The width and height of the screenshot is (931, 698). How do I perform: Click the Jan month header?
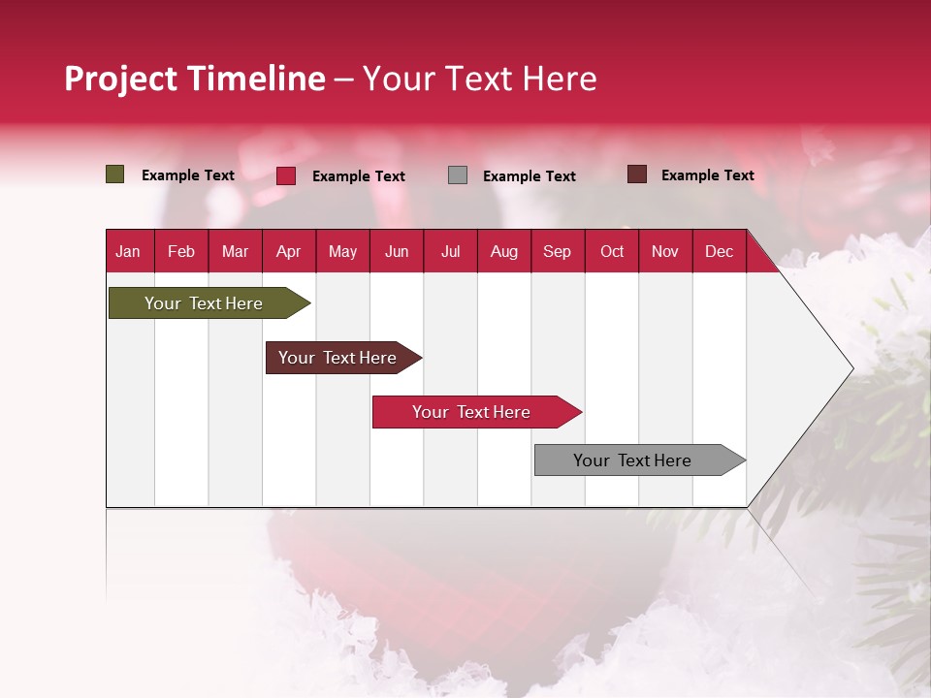pos(128,252)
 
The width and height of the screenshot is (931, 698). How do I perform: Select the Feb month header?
pos(181,252)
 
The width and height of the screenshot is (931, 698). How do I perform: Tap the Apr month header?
pos(289,252)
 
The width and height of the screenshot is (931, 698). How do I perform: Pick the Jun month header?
pos(397,252)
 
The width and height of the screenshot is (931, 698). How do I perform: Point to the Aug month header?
pos(504,252)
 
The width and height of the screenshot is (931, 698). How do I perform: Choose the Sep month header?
pos(558,252)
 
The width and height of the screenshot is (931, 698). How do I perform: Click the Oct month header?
pos(612,252)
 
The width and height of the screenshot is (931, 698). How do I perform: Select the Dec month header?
pos(720,252)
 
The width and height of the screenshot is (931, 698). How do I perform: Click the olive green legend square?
pos(115,174)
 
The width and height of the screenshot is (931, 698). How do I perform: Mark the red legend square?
pos(286,175)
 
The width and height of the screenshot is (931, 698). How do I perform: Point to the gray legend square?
pos(458,175)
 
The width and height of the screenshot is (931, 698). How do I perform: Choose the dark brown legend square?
pos(637,174)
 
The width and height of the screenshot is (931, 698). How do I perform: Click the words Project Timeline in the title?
pos(195,79)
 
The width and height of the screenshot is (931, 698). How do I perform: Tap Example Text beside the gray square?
pos(530,176)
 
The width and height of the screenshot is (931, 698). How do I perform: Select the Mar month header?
pos(236,252)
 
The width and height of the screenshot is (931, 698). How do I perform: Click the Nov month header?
pos(665,252)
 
